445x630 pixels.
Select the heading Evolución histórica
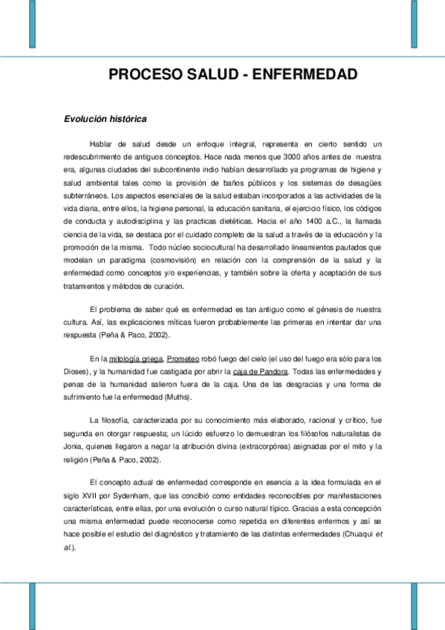point(105,118)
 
